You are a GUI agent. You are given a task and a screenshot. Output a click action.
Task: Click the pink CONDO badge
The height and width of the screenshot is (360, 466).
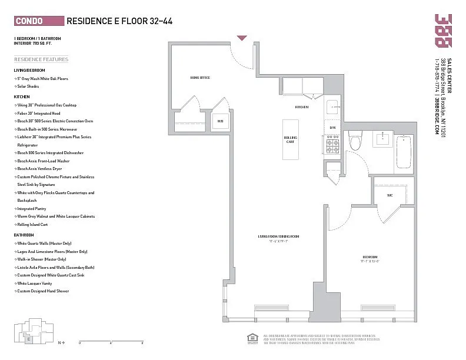tap(38, 21)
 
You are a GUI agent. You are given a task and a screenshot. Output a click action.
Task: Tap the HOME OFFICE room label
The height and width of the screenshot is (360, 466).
tap(200, 78)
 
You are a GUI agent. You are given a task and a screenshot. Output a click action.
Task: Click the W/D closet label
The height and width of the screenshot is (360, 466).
tap(220, 121)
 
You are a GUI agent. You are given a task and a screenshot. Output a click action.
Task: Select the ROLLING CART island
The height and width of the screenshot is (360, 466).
tap(289, 139)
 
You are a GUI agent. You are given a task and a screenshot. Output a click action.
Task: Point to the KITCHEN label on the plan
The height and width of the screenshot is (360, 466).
tap(302, 107)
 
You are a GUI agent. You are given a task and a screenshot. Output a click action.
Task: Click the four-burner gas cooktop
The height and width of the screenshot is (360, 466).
tap(332, 144)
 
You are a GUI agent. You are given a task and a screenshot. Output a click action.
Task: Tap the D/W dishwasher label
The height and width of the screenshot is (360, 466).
tap(332, 127)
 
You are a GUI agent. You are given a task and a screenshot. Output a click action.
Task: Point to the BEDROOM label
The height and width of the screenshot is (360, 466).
tap(370, 257)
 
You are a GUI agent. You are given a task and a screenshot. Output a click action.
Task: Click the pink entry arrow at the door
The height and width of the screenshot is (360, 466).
tap(242, 38)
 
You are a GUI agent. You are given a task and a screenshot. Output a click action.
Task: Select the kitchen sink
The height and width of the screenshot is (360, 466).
tap(332, 107)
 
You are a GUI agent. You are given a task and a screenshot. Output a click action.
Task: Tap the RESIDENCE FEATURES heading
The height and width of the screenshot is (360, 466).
tap(41, 59)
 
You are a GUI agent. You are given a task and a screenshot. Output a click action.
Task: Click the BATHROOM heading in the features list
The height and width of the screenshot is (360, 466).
tap(24, 235)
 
